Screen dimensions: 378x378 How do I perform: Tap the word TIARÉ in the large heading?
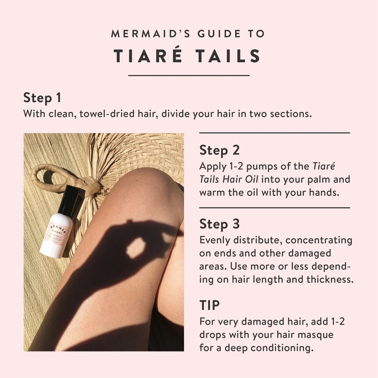[148, 56]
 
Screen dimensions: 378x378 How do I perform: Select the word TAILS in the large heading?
[228, 56]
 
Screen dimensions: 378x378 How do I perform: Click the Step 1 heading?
[42, 98]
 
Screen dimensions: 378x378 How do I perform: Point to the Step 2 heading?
[219, 150]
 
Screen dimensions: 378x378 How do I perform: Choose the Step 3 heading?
[219, 224]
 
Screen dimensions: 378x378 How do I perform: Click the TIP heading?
[209, 305]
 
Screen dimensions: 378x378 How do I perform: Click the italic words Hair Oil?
[240, 179]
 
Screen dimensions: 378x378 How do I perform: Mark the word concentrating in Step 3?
[319, 240]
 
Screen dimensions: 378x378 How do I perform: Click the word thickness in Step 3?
[330, 279]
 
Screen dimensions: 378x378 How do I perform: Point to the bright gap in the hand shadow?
[136, 247]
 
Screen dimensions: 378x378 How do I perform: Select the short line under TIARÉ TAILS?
[189, 75]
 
